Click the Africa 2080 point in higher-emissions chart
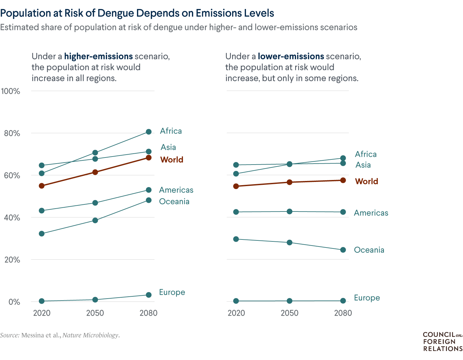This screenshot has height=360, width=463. coord(149,132)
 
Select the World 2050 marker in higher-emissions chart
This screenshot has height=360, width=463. coord(95,172)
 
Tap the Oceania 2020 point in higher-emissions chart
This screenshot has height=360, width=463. coord(41,234)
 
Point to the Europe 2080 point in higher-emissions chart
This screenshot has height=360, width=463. coord(149,295)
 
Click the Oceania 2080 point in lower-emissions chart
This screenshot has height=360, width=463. coord(343,250)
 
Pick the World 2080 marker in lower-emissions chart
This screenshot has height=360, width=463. coord(343,180)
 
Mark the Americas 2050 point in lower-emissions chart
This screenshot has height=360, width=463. coord(290,212)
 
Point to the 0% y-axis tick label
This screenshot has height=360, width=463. coord(14,302)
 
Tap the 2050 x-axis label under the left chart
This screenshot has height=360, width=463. coord(95,313)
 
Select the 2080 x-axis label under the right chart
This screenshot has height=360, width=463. coord(343,313)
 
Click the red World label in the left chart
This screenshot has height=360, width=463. coord(172,160)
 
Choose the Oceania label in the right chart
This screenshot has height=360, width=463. coord(369,250)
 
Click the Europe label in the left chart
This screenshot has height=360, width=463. coord(172,292)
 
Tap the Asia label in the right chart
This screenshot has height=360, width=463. coord(363,165)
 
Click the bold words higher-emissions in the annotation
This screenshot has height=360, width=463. coord(98,56)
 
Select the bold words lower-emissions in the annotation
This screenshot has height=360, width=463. coord(291,56)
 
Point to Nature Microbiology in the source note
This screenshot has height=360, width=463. coord(90,335)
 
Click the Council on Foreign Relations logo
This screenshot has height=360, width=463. coord(443,342)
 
